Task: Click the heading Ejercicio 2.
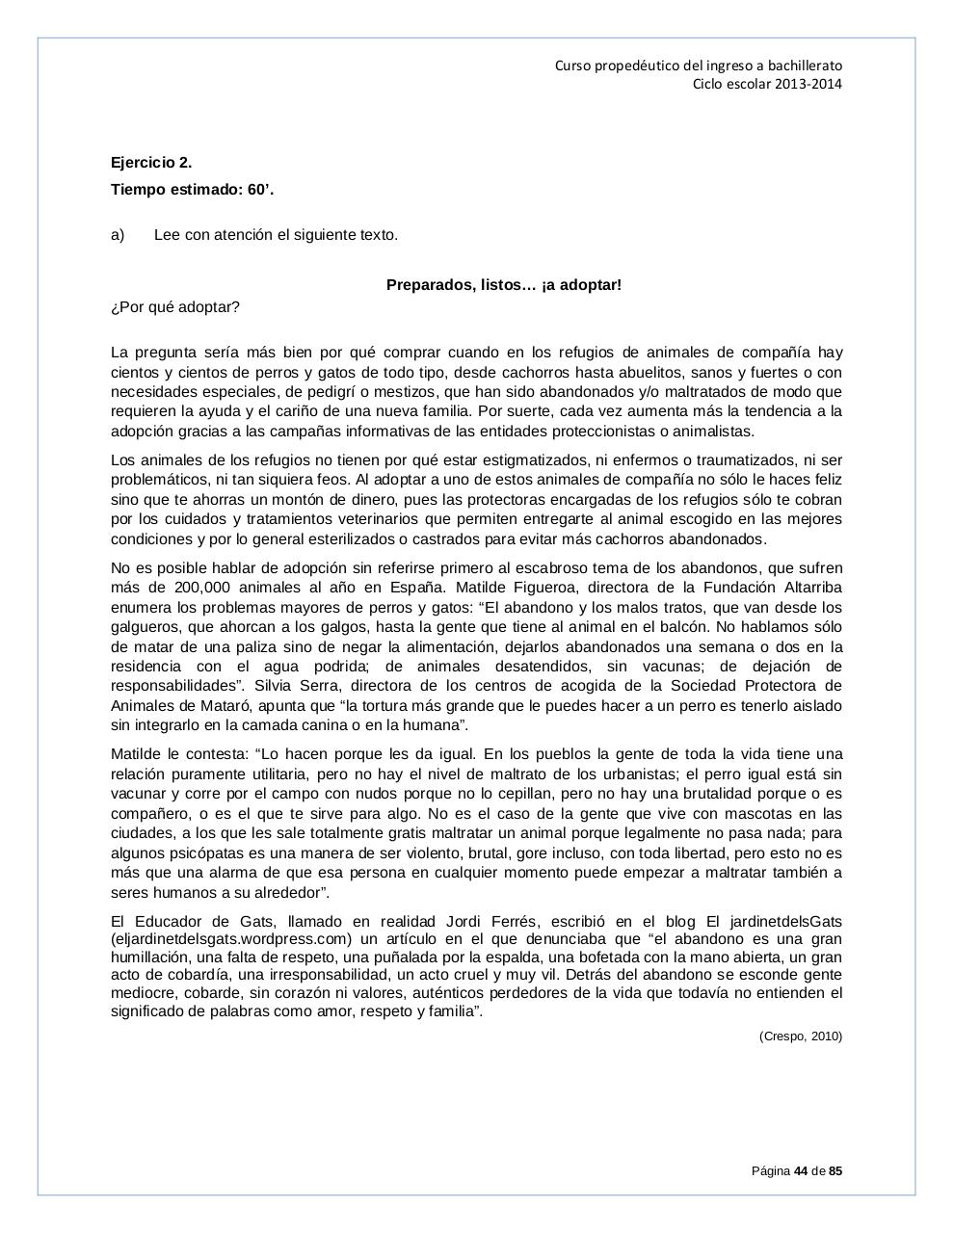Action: point(151,163)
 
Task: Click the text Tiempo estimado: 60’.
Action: point(192,190)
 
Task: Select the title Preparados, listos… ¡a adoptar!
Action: point(504,285)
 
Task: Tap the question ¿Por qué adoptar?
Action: point(175,307)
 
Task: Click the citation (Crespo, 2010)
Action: point(800,1036)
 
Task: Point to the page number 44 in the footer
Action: point(800,1171)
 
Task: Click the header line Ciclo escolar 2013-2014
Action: point(767,84)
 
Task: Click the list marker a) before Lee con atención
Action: point(118,235)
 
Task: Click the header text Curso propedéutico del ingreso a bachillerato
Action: point(699,66)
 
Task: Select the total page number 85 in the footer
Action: point(835,1171)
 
